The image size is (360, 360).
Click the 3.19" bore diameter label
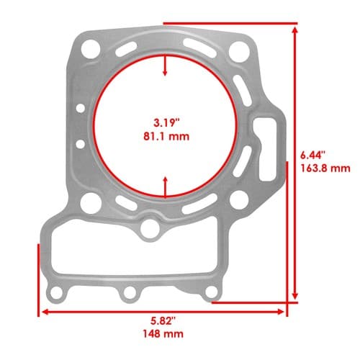(x=166, y=122)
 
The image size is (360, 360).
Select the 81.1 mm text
(x=166, y=136)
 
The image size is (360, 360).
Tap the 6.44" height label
(x=313, y=155)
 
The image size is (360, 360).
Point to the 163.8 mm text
(x=325, y=168)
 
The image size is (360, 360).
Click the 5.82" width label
(x=163, y=320)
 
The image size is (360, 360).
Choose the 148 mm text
(x=163, y=334)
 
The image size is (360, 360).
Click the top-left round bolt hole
(x=91, y=50)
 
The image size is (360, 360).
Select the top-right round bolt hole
(x=238, y=51)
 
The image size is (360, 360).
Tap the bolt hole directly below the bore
(x=150, y=228)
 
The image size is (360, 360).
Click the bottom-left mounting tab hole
(x=56, y=293)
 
